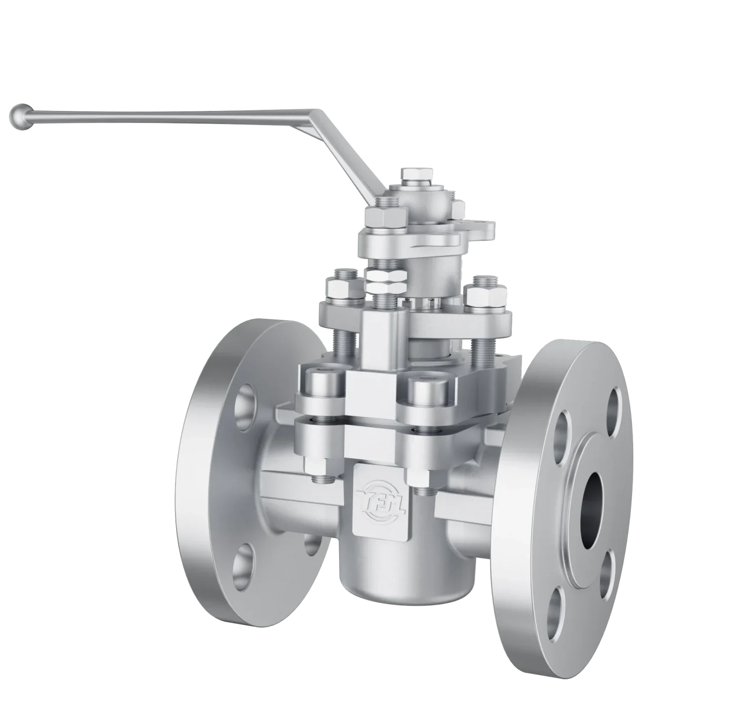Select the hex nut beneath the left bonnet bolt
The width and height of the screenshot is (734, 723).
click(317, 469)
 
